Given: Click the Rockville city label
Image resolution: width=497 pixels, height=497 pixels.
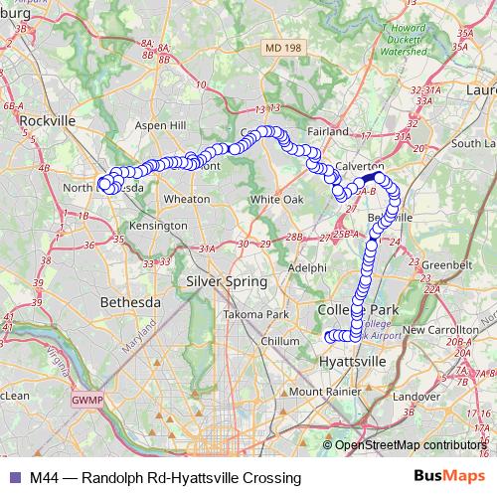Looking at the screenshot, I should pyautogui.click(x=48, y=120).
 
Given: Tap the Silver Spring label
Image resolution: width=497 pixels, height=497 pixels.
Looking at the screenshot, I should pyautogui.click(x=227, y=281).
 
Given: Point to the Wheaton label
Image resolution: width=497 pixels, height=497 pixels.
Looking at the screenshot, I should pyautogui.click(x=186, y=199).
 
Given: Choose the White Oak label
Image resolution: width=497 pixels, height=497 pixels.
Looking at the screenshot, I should pyautogui.click(x=275, y=199).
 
